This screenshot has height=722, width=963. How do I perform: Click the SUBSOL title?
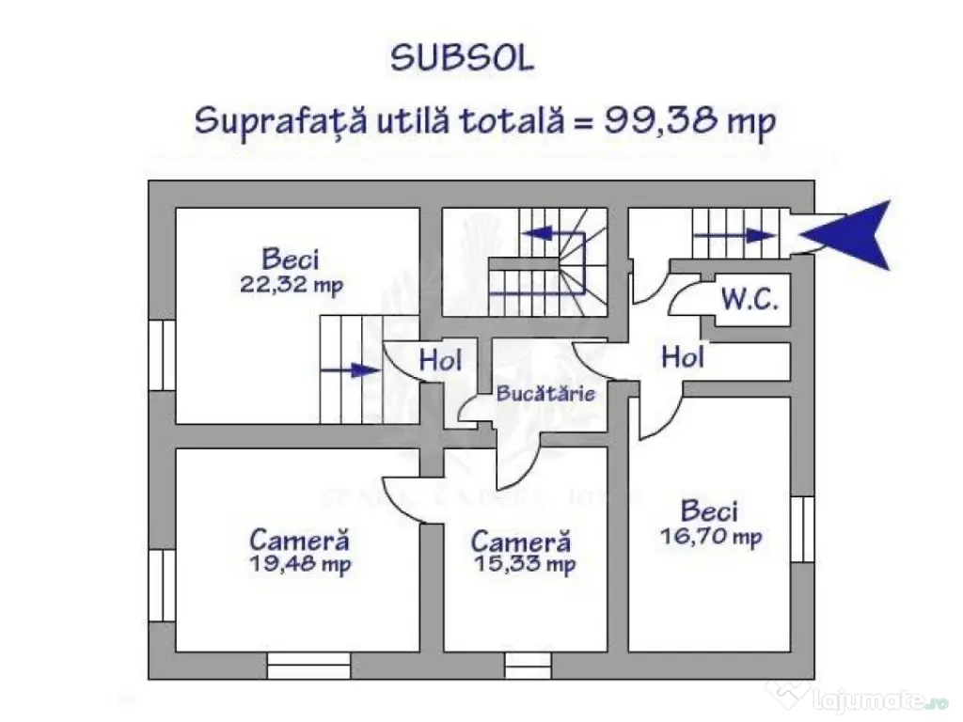[x=462, y=59]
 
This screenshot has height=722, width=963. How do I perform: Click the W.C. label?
[x=750, y=301]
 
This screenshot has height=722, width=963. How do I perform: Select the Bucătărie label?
[x=546, y=393]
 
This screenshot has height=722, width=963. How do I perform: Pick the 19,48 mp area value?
[x=300, y=565]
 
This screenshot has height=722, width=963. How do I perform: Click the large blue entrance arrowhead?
[x=850, y=233]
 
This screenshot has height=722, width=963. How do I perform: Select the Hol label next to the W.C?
[x=684, y=356]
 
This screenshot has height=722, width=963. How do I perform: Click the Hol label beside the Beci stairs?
[x=440, y=359]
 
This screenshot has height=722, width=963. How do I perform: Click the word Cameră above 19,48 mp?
[x=300, y=541]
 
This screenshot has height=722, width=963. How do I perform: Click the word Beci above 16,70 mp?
[x=710, y=512]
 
